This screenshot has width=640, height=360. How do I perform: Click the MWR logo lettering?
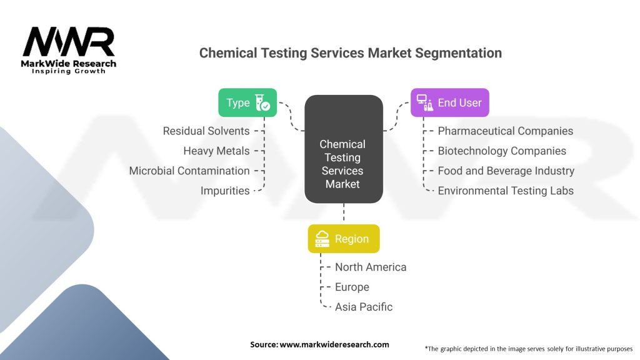point(69,42)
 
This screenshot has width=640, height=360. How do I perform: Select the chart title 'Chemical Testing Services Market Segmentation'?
point(350,53)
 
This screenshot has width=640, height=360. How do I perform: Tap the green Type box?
point(247,102)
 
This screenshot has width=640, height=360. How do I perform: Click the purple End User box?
point(449,102)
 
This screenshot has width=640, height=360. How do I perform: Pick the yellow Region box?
point(343,239)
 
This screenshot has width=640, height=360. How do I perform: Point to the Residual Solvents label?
point(206,131)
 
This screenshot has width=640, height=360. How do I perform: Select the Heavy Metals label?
point(216,151)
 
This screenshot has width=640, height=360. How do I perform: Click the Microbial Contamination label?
point(189,171)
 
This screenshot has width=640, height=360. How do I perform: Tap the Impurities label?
point(225,191)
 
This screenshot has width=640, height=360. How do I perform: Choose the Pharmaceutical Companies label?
point(505,131)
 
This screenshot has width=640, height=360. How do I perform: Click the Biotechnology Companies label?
point(502,151)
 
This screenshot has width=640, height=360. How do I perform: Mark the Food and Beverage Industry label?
point(506,171)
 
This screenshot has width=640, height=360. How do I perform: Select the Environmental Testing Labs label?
point(505,191)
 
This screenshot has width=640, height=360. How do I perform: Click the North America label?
point(370,267)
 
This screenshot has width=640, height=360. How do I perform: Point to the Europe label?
point(352,287)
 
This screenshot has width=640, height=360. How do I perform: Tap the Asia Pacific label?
point(364,307)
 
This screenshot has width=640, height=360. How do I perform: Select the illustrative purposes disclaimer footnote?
point(529,348)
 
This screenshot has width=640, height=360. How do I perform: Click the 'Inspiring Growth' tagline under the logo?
point(69,71)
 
